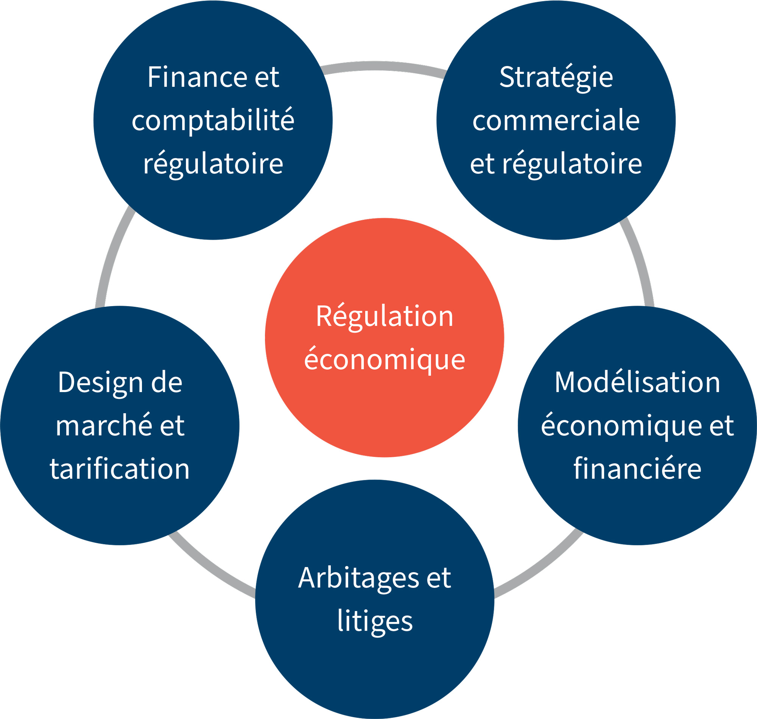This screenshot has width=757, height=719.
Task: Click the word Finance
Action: (197, 77)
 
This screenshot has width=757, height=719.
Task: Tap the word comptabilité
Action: (213, 121)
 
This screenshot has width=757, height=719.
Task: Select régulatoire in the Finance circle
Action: (213, 164)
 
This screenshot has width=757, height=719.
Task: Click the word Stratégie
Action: (556, 77)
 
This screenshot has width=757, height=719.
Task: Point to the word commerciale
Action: (556, 121)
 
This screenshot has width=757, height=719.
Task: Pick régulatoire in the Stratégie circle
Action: (572, 164)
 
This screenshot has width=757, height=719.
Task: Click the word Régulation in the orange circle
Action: (385, 317)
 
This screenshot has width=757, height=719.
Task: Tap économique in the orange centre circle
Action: (385, 360)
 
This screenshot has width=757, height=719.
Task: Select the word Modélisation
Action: (637, 383)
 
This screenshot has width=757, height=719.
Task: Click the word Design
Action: (100, 383)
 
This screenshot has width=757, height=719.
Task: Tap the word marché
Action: (103, 426)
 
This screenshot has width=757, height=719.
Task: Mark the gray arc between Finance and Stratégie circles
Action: (383, 66)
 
